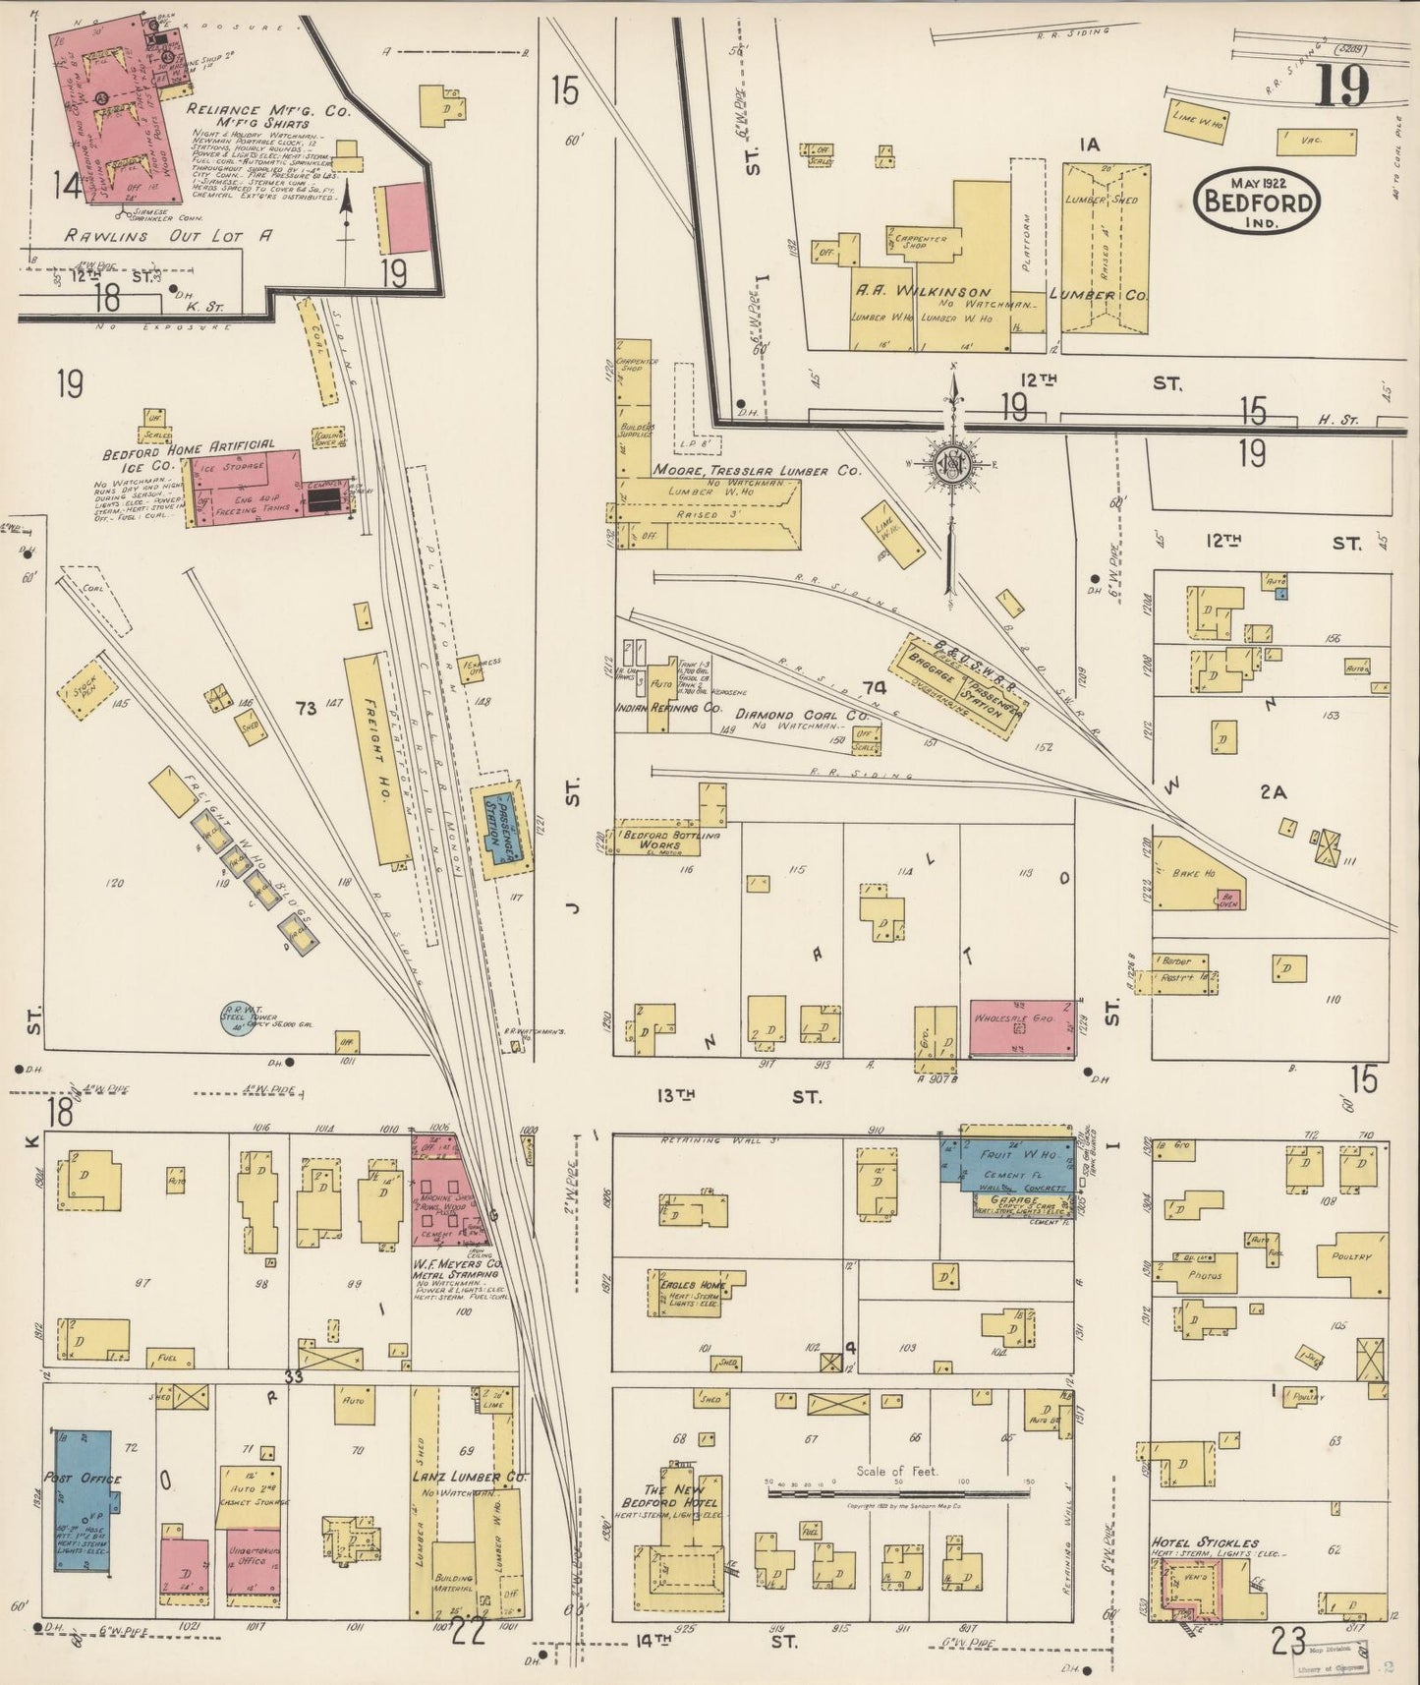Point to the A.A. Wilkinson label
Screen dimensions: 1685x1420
point(919,293)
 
